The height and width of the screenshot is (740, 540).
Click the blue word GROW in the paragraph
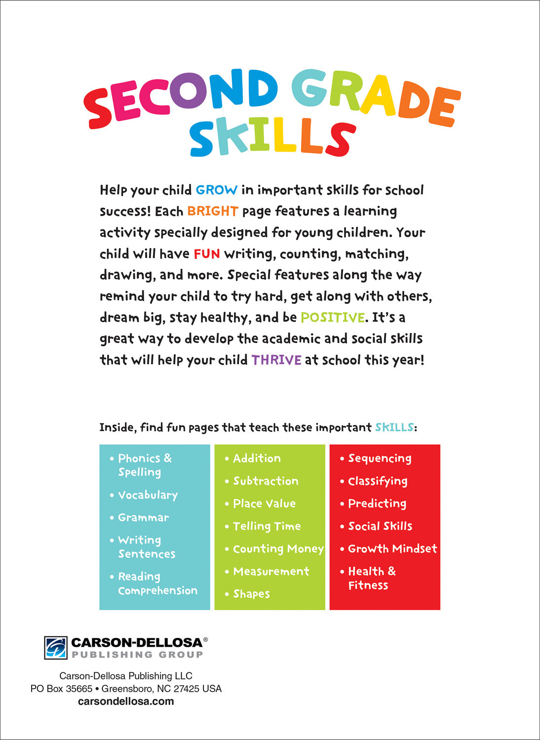point(216,190)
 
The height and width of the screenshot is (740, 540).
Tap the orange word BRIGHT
point(213,211)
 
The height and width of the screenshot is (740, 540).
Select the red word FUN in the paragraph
point(206,254)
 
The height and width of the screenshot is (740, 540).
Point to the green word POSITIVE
point(333,317)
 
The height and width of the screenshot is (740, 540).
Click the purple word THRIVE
point(276,360)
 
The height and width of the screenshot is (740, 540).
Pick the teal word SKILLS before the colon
point(394,427)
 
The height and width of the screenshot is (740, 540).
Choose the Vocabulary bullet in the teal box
point(148,495)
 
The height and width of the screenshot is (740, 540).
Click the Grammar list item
point(143,518)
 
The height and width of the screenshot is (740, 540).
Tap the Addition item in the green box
point(257,458)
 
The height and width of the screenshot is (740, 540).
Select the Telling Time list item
point(267,526)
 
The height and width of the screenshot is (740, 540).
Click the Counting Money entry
point(278,549)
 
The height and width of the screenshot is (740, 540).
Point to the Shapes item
point(251,594)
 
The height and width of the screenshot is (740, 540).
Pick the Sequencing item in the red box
point(380,458)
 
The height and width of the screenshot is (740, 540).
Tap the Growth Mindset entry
point(392,549)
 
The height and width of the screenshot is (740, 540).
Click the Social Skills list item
point(380,526)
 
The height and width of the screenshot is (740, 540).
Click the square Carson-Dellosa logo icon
point(55,648)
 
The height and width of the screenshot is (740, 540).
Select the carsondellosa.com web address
point(126,702)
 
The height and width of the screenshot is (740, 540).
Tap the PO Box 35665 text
point(61,689)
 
